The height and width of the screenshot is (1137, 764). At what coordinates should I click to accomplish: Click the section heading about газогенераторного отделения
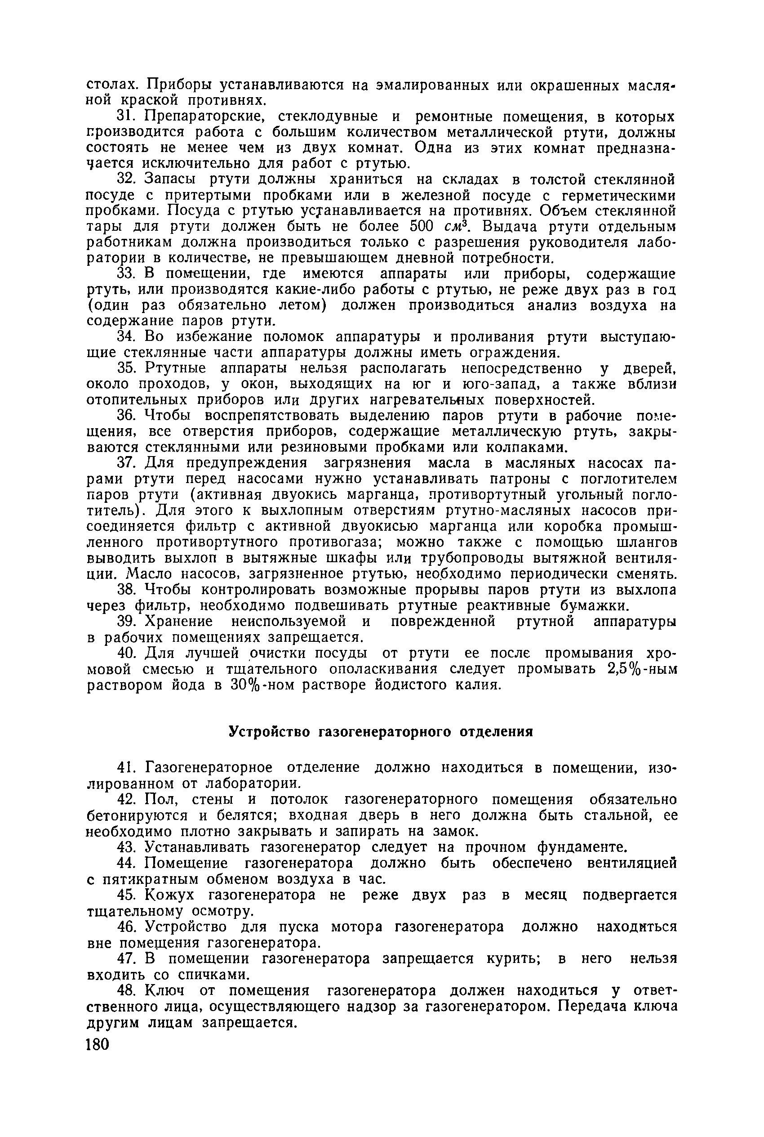381,732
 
